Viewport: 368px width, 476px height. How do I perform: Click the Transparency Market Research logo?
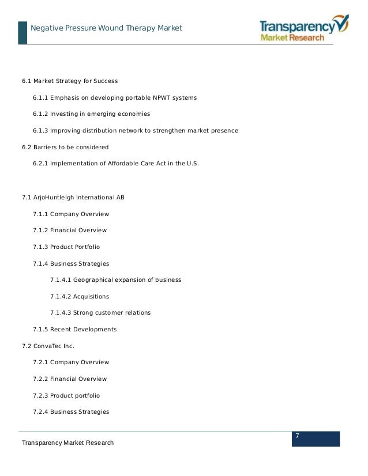303,29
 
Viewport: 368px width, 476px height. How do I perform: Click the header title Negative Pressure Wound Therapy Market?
106,28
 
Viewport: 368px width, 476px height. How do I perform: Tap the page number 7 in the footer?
297,435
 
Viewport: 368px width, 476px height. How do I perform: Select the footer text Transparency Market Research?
67,443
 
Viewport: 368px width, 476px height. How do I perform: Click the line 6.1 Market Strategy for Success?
70,81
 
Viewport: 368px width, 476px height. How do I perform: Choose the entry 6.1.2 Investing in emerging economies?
91,114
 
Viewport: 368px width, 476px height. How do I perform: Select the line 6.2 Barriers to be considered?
65,148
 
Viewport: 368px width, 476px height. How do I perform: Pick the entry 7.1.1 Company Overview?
71,214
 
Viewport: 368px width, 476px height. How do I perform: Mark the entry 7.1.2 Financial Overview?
70,231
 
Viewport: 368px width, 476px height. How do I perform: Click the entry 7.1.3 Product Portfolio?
66,247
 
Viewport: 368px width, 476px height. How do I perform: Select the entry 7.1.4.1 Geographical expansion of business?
115,280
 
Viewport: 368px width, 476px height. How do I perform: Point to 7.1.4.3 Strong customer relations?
100,313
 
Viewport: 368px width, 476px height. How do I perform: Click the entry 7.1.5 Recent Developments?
74,330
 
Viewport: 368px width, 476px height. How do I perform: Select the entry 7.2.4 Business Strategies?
71,412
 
